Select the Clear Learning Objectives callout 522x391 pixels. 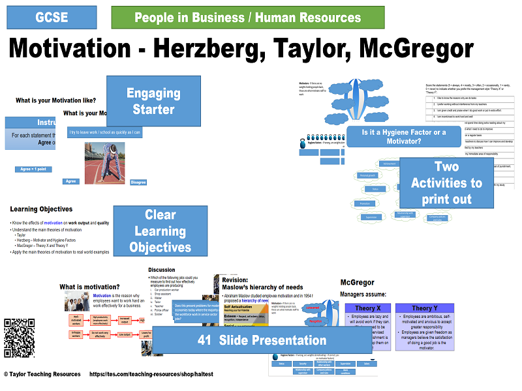pyautogui.click(x=160, y=231)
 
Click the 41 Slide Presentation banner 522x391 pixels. pyautogui.click(x=262, y=340)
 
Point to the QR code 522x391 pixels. pyautogui.click(x=19, y=334)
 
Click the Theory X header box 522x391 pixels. pyautogui.click(x=367, y=308)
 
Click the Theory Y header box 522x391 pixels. pyautogui.click(x=425, y=308)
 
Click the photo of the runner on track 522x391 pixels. pyautogui.click(x=104, y=163)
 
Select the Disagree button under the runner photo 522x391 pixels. pyautogui.click(x=138, y=182)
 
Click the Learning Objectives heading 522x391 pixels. pyautogui.click(x=41, y=209)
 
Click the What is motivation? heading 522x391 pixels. pyautogui.click(x=89, y=287)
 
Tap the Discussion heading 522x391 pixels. pyautogui.click(x=162, y=269)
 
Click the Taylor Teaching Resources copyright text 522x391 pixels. pyautogui.click(x=42, y=374)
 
